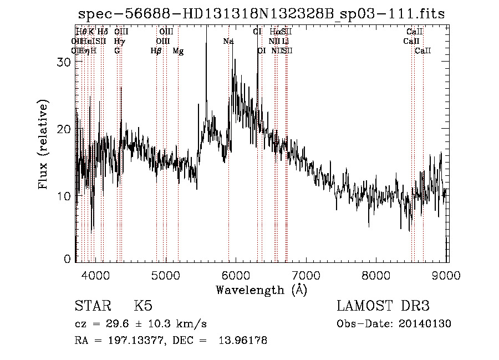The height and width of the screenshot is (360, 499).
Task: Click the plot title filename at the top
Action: pos(261,14)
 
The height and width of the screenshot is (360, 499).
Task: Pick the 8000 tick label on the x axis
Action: pos(377,275)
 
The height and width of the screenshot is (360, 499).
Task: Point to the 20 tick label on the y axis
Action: pos(64,129)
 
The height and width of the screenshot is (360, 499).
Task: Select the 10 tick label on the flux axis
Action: pos(64,196)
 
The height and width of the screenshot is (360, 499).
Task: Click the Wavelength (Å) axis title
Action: pos(261,290)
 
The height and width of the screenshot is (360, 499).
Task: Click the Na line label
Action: pos(228,41)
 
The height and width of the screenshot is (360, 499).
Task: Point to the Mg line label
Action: pos(178,51)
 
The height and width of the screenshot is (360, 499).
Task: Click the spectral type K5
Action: pos(143,306)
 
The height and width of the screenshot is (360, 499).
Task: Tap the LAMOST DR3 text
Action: pos(383,306)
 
